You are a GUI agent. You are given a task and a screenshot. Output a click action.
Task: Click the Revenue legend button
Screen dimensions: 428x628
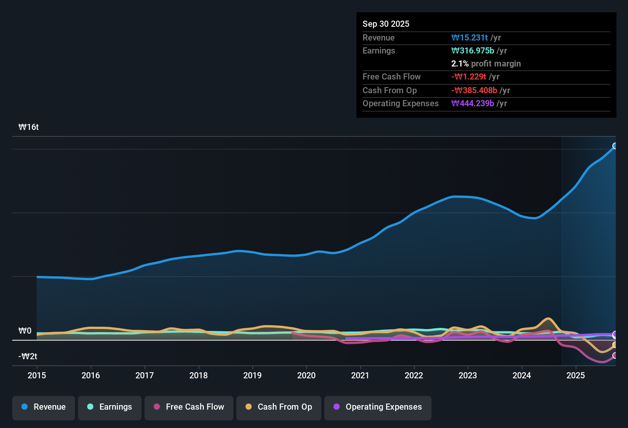click(44, 407)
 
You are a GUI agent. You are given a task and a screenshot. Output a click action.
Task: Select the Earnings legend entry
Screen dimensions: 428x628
click(110, 407)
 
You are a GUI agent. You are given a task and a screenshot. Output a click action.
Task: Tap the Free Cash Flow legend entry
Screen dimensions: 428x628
click(189, 407)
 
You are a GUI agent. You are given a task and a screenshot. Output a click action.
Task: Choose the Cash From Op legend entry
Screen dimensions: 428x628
click(279, 407)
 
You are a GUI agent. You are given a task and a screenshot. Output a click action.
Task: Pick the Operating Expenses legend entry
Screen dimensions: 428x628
click(378, 407)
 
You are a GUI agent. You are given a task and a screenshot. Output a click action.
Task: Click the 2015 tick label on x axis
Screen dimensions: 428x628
click(37, 375)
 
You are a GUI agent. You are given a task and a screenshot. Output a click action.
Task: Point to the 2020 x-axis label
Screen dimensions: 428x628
click(306, 375)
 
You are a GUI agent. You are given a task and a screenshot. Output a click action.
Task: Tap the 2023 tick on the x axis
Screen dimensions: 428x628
click(468, 375)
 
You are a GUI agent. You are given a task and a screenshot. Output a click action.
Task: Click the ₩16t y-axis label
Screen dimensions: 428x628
click(29, 127)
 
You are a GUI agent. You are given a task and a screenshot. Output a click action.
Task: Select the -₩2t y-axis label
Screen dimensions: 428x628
click(28, 357)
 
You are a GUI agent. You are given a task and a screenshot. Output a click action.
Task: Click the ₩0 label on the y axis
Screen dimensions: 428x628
click(25, 331)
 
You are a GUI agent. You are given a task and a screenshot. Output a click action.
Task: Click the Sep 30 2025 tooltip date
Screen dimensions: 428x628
click(386, 24)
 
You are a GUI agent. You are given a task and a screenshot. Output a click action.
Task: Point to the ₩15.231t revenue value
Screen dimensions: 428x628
click(469, 38)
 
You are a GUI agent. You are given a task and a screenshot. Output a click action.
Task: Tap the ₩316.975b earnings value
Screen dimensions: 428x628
click(473, 51)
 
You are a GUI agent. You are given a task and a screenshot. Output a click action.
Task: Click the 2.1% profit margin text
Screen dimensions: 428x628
click(486, 64)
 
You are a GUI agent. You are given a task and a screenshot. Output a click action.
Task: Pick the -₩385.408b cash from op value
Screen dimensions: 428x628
click(474, 91)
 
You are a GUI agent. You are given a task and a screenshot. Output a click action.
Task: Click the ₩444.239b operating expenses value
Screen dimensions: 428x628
click(473, 104)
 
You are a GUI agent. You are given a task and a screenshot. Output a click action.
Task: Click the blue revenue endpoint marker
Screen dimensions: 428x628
click(615, 146)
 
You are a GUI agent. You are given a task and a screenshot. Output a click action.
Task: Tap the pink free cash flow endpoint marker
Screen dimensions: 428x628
click(615, 355)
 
